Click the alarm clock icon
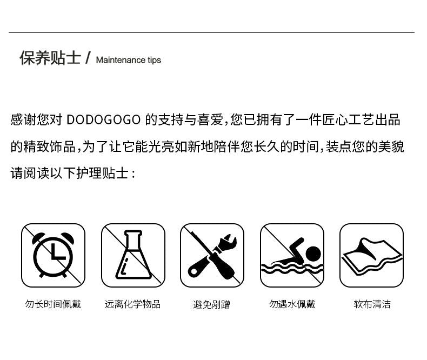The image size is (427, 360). click(x=53, y=256)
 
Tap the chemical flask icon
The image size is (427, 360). click(x=133, y=256)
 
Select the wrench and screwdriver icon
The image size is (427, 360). click(x=212, y=256)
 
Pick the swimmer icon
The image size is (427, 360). click(x=292, y=256)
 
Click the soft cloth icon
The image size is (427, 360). click(x=371, y=256)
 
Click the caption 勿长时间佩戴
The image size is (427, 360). click(x=53, y=304)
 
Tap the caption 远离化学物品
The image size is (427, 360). click(x=132, y=304)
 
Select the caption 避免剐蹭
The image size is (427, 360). click(x=211, y=304)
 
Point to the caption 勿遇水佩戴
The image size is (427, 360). click(x=292, y=304)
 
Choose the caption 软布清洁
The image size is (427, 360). click(x=372, y=304)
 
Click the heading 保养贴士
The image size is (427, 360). click(x=50, y=58)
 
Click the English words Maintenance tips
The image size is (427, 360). click(x=129, y=60)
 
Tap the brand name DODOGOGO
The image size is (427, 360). click(x=103, y=120)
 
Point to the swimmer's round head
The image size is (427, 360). click(x=313, y=254)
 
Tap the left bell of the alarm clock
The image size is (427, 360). click(x=38, y=238)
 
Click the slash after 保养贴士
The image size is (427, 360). click(x=88, y=58)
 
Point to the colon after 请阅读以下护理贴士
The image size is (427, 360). click(x=133, y=174)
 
